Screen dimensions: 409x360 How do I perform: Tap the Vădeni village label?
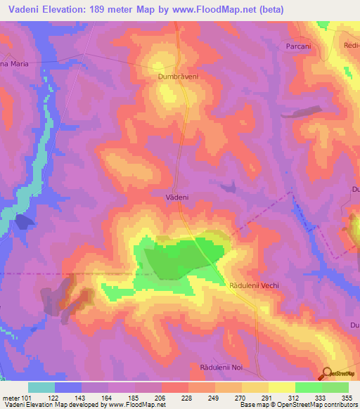[x=176, y=198]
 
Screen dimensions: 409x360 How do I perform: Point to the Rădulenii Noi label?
[x=220, y=368]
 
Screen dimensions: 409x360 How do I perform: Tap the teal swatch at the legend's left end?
[x=41, y=387]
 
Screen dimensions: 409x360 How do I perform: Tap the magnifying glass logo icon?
[x=328, y=373]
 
